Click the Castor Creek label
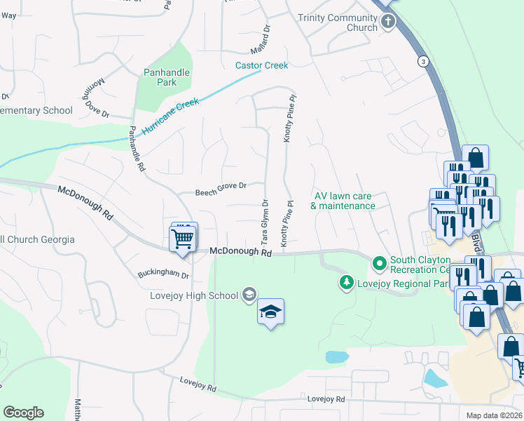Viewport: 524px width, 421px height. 261,65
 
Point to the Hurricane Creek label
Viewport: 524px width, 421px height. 170,116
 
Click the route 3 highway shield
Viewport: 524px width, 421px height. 422,61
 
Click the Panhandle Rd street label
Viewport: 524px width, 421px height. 137,149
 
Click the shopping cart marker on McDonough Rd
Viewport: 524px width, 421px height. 183,238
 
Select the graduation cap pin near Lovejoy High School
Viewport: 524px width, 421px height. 270,312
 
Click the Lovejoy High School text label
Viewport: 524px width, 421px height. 194,295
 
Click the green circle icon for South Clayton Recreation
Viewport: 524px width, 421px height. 380,264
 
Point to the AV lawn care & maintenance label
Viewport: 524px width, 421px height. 345,201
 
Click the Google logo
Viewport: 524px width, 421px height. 23,413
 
